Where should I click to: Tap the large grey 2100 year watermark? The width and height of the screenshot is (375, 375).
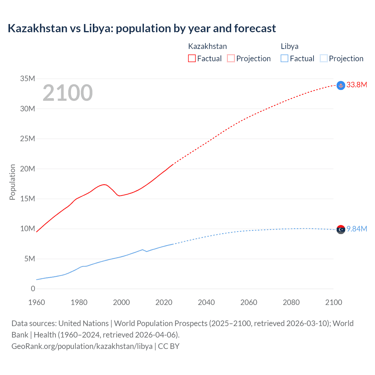[x=68, y=93]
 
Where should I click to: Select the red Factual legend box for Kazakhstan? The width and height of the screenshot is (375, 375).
[x=192, y=59]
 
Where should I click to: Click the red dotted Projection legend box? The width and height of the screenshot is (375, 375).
[x=231, y=59]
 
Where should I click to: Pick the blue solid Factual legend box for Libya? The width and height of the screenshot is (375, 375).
[x=284, y=59]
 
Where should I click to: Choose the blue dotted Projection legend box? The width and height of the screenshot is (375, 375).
[x=323, y=59]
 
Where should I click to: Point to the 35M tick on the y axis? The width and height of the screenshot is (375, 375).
[x=28, y=79]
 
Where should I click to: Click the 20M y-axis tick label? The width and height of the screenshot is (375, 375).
[x=28, y=169]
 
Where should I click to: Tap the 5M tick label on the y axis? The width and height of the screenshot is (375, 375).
[x=30, y=259]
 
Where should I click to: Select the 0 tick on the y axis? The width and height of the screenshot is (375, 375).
[x=33, y=289]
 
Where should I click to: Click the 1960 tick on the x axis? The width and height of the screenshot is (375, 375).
[x=37, y=302]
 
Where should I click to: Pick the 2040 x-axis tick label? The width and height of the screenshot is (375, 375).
[x=206, y=302]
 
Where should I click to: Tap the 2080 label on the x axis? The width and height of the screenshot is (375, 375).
[x=291, y=302]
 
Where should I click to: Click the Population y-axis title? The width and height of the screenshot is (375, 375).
[x=12, y=182]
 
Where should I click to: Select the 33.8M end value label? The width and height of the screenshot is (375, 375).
[x=357, y=85]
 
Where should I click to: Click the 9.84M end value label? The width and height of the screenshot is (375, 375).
[x=357, y=229]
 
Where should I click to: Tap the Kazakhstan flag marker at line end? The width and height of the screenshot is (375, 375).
[x=341, y=86]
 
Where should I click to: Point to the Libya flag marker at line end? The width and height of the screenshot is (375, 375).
[x=341, y=230]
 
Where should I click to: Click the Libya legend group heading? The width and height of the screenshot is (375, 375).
[x=289, y=46]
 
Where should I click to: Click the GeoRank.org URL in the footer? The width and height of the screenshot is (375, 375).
[x=82, y=346]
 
